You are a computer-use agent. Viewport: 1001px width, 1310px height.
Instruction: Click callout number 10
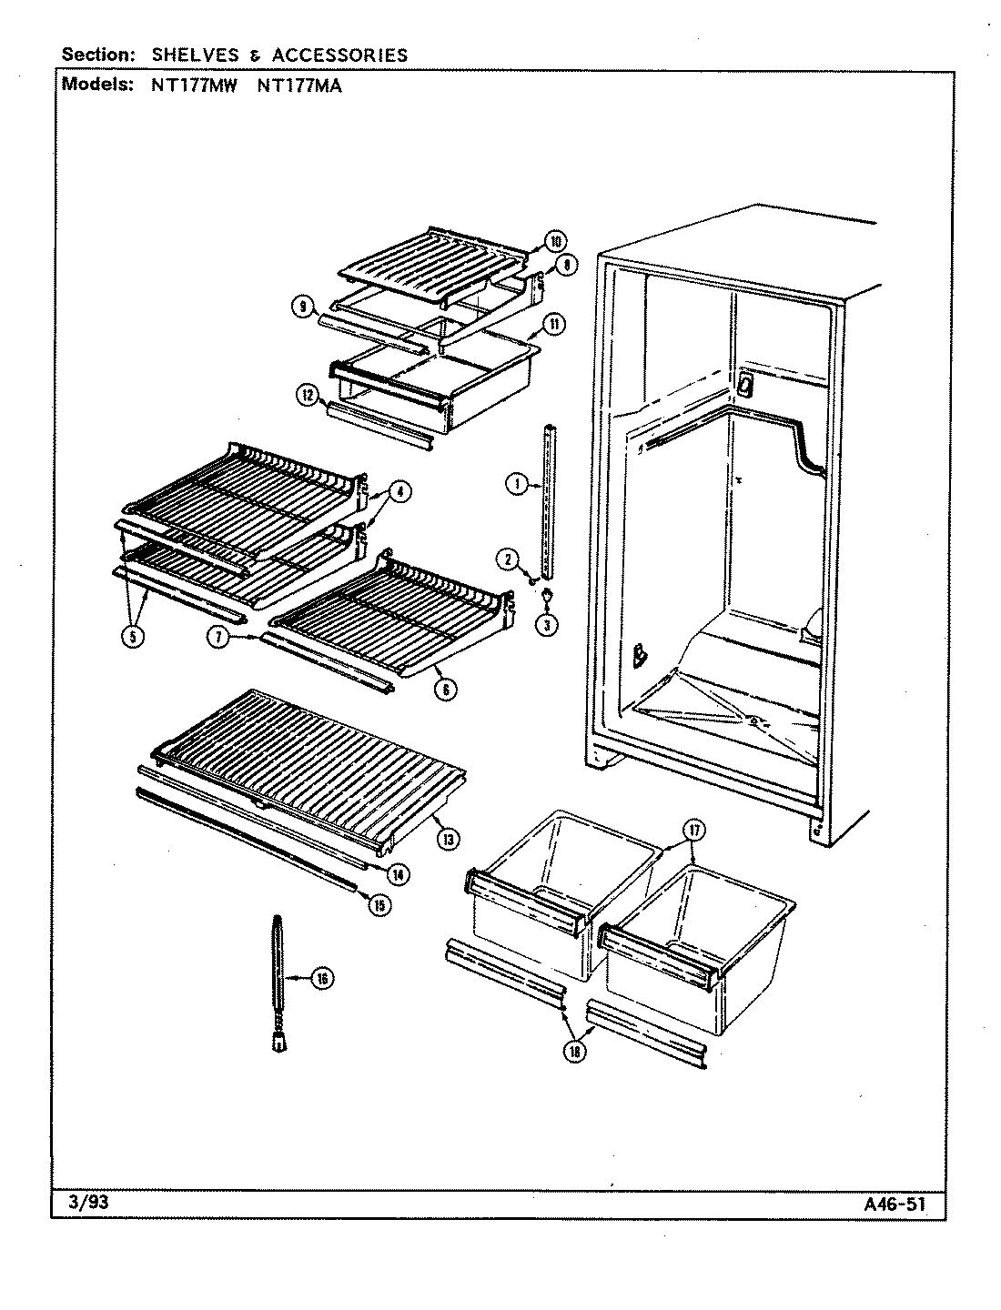click(x=554, y=241)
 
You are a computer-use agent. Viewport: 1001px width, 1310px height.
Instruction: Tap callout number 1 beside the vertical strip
click(x=516, y=486)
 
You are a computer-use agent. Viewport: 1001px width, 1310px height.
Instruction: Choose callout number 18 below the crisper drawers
click(x=576, y=1051)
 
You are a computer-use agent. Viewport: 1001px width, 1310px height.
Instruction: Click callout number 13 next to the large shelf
click(x=447, y=839)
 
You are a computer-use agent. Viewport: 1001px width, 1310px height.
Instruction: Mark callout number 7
click(x=218, y=638)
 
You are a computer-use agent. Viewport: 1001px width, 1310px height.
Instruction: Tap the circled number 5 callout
click(x=134, y=637)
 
